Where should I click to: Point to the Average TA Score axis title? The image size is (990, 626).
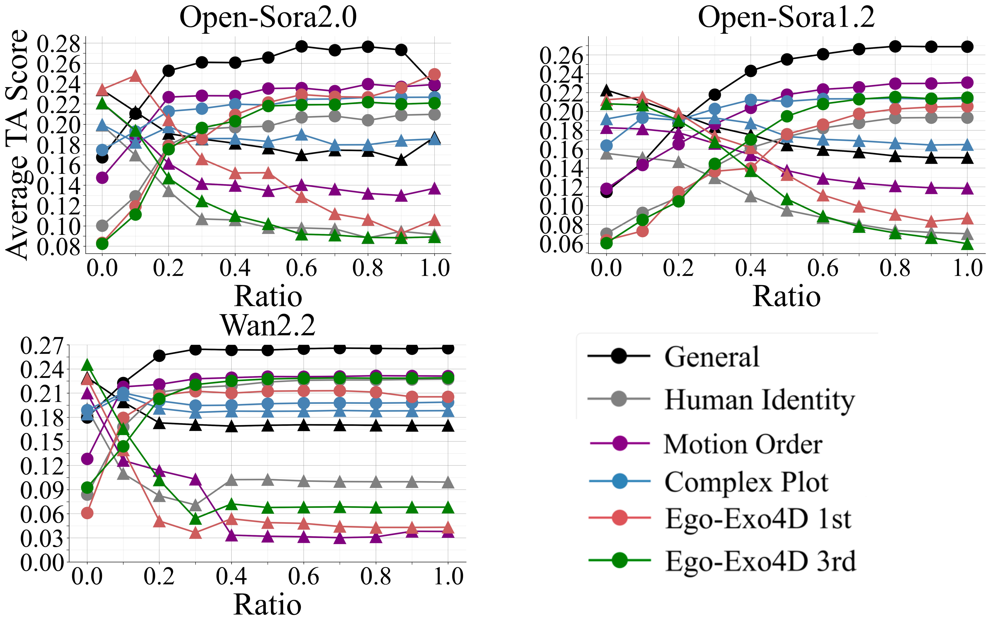point(17,145)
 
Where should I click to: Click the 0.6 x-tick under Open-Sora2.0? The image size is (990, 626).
point(301,268)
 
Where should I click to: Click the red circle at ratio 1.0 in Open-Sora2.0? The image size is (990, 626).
point(435,74)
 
